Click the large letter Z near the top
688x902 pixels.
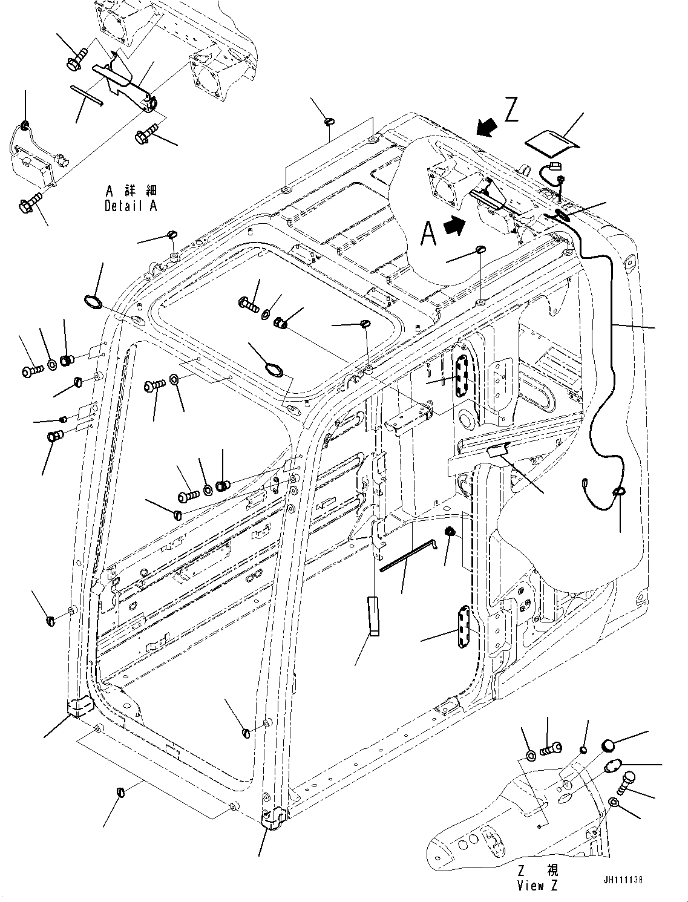coord(511,111)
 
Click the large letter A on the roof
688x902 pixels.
coord(428,233)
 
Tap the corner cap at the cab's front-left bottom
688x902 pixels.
coord(79,706)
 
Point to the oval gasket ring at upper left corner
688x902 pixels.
coord(93,301)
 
